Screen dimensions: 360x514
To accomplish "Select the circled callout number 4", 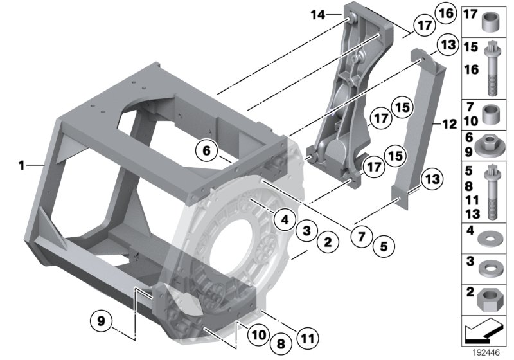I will [283, 219].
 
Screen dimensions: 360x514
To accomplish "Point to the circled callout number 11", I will [308, 336].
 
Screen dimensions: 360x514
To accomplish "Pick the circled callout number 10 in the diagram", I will [257, 334].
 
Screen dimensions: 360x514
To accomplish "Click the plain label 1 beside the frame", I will [21, 165].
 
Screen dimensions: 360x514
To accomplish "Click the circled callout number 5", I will [384, 245].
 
